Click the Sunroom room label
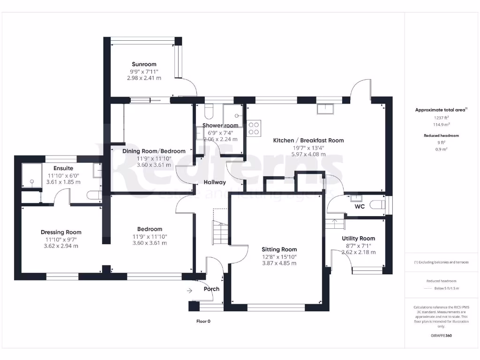[x=144, y=64]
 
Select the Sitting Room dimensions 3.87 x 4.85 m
[x=279, y=263]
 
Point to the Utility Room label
[x=359, y=239]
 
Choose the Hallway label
[x=214, y=182]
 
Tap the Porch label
[x=211, y=289]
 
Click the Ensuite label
[x=63, y=168]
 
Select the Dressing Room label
[x=61, y=232]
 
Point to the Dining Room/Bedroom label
[x=154, y=151]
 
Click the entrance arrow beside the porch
[x=189, y=291]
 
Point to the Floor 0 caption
[x=203, y=322]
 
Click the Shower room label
[x=220, y=126]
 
